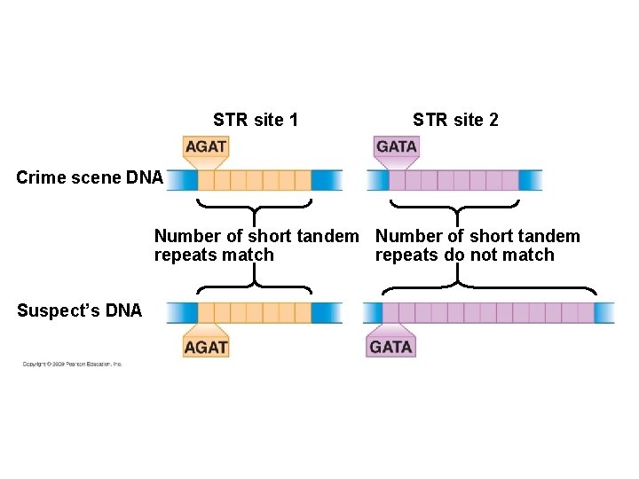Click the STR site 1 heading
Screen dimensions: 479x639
click(256, 120)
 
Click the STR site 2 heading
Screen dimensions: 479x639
click(455, 120)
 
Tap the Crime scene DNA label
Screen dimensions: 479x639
click(90, 177)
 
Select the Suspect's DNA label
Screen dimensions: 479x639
click(79, 310)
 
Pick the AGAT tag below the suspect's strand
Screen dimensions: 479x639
click(206, 346)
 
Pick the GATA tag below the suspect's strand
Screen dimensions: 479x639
click(390, 346)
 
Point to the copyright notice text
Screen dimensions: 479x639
click(73, 364)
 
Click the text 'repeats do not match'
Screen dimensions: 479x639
click(464, 255)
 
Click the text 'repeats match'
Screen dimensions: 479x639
click(214, 255)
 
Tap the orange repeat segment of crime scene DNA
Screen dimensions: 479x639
click(254, 180)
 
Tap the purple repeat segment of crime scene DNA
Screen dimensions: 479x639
click(454, 180)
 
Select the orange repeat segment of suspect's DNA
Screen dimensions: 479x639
click(254, 312)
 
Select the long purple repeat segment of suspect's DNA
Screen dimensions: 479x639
click(487, 312)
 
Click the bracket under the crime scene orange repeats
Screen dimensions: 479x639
click(254, 208)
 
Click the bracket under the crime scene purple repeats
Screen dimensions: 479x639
click(455, 208)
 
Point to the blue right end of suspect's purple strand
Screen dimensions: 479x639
click(604, 312)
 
